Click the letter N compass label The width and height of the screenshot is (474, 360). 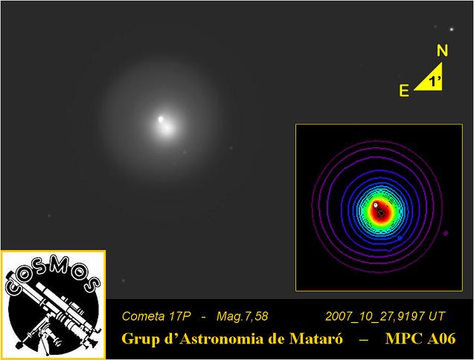coord(442,51)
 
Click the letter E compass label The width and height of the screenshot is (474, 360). coord(404,91)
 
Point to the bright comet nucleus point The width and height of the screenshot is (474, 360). coord(161,119)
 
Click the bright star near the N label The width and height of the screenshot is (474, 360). coord(452,29)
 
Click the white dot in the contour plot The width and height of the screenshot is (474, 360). coord(376,205)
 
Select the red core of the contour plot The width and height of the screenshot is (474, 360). coord(381,211)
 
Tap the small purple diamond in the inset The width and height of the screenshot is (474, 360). coord(446,233)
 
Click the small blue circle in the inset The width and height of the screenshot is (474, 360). coord(400,238)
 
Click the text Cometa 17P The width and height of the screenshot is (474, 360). coord(156,316)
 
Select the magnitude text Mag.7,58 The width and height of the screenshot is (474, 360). coord(242,316)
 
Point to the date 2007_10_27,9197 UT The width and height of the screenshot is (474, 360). coord(385,316)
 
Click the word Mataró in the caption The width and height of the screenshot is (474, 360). coord(316,338)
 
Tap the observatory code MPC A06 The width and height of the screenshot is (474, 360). coord(420,338)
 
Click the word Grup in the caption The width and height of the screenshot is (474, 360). coord(138,339)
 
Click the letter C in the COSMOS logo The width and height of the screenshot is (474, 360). coord(13,287)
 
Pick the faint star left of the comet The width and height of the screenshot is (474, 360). coord(49,216)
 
